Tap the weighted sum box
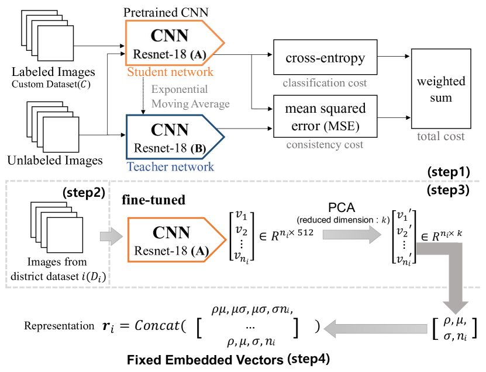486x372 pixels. click(442, 89)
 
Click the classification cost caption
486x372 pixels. click(325, 83)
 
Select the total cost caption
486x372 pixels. click(441, 136)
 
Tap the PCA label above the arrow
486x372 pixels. click(344, 208)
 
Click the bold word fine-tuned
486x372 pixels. click(154, 200)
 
